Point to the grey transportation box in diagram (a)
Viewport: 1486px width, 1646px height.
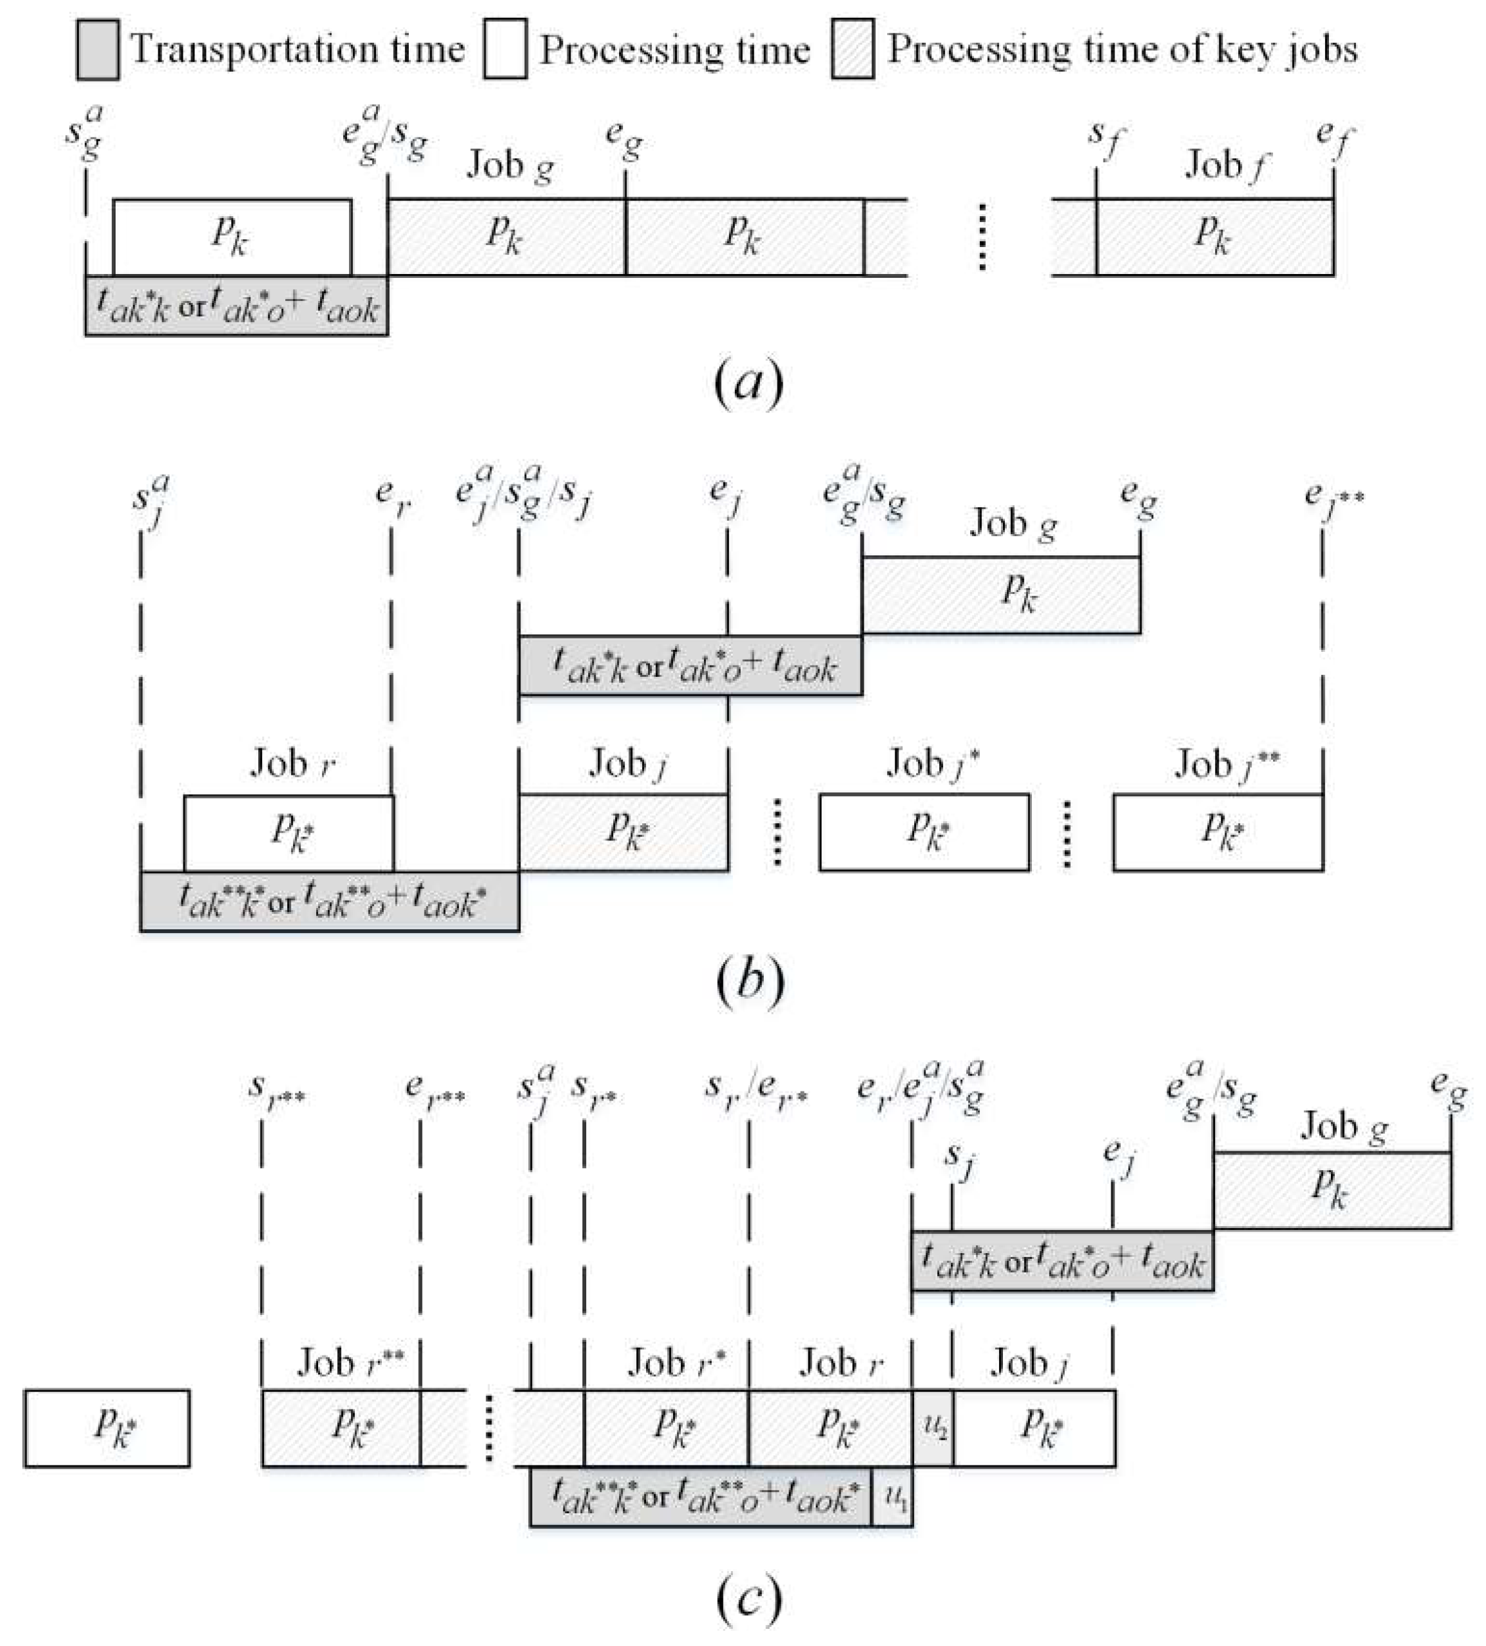tap(236, 306)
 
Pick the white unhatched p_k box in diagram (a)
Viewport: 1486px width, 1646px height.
tap(232, 237)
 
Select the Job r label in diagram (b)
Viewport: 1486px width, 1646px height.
tap(292, 764)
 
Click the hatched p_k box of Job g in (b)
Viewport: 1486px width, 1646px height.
tap(1000, 595)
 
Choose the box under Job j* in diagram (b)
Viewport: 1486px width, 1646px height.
tap(923, 832)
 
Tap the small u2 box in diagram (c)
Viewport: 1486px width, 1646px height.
tap(933, 1429)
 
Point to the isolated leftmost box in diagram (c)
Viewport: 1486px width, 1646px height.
tap(107, 1429)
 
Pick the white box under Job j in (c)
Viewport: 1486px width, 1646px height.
tap(1034, 1429)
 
